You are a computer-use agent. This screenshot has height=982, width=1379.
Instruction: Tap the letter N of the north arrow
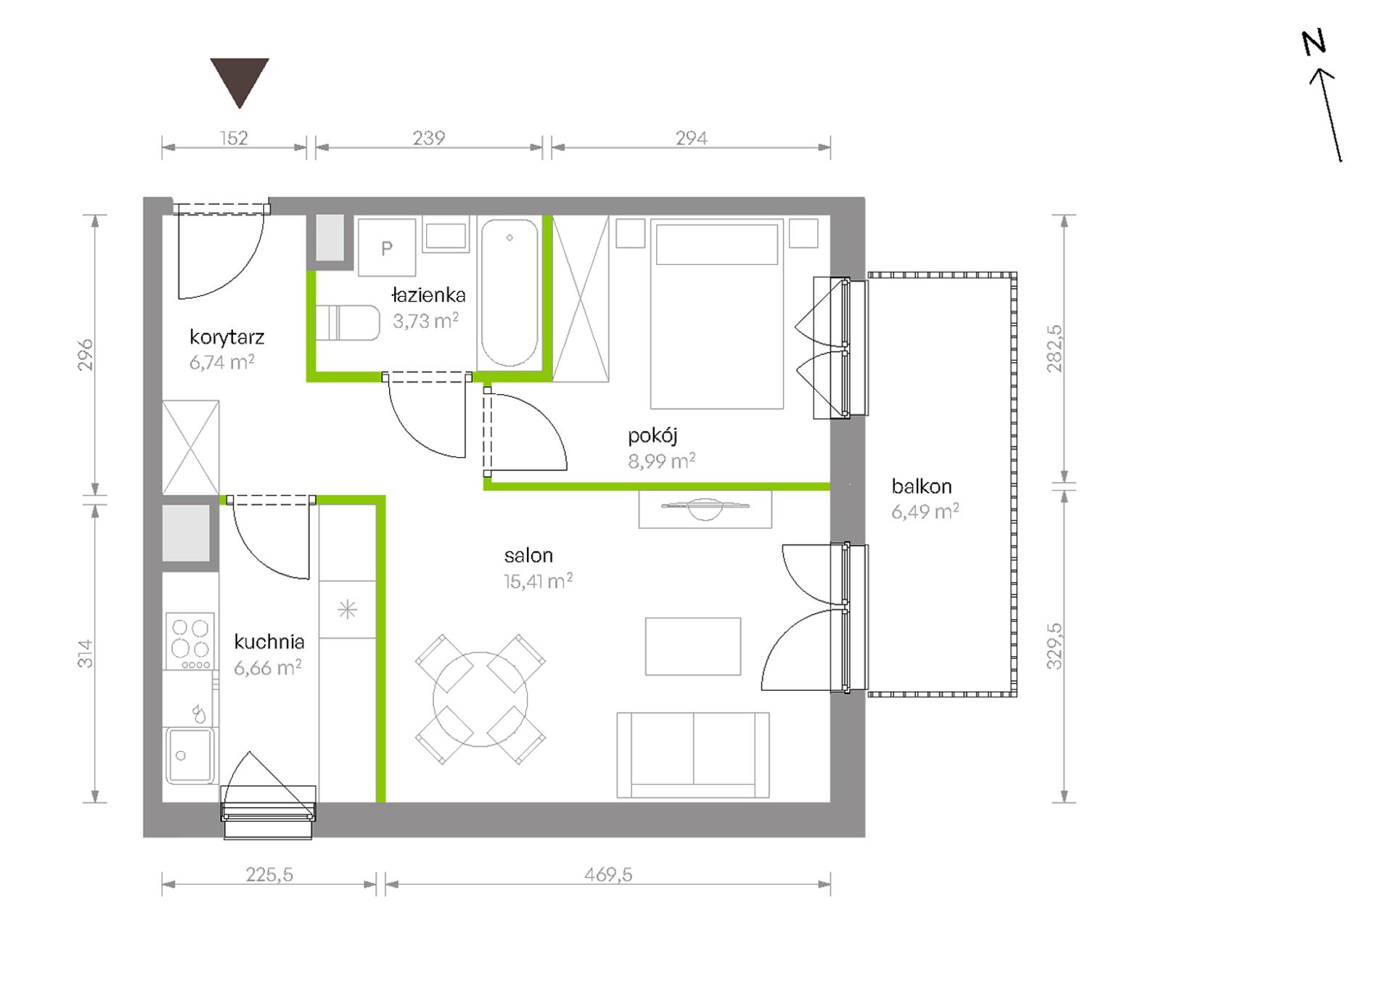tap(1314, 43)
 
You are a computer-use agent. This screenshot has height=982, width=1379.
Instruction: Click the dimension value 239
tap(428, 138)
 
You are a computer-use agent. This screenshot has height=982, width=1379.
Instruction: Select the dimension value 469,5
tap(608, 875)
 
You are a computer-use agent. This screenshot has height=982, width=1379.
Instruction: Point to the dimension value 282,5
tap(1055, 348)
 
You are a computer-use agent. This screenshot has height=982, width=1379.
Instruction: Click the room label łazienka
tap(428, 295)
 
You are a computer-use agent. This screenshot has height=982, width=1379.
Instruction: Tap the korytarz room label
tap(226, 337)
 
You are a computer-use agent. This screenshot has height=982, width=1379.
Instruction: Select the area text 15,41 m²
tap(538, 581)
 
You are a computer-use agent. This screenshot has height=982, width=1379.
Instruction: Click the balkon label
tap(921, 486)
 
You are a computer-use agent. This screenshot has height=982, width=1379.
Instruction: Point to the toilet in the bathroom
tap(348, 323)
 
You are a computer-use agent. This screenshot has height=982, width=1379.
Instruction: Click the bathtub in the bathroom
tap(510, 293)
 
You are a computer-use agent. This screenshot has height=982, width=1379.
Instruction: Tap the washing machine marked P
tap(387, 247)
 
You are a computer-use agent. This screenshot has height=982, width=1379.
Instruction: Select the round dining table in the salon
tap(480, 699)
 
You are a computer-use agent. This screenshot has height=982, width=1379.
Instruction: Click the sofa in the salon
tap(693, 755)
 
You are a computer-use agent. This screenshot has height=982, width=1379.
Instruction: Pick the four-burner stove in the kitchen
tap(190, 641)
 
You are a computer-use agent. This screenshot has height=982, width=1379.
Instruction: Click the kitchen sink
tap(190, 756)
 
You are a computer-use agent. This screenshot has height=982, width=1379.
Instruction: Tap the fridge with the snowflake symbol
tap(348, 610)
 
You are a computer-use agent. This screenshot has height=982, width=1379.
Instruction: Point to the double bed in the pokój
tap(717, 314)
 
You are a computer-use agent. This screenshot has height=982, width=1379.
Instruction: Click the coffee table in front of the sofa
tap(693, 647)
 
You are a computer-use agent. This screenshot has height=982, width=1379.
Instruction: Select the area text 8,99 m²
tap(661, 462)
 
